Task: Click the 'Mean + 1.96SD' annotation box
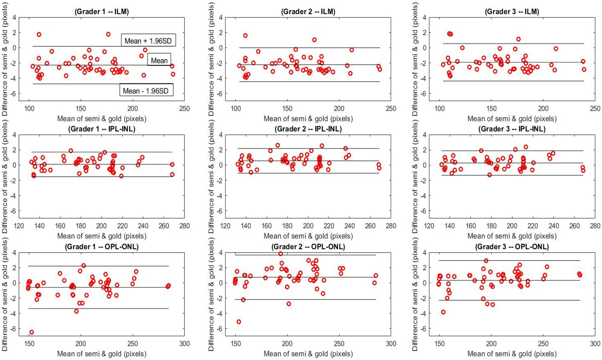click(x=148, y=40)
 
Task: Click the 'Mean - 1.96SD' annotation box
click(x=146, y=90)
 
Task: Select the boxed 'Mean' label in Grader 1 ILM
click(x=159, y=60)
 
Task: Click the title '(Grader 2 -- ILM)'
click(x=308, y=12)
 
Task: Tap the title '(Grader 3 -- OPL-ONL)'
click(x=512, y=247)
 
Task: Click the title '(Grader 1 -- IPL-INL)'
click(x=102, y=129)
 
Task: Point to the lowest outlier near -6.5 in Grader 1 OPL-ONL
click(x=31, y=332)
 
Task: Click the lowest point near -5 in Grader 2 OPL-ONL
click(x=239, y=322)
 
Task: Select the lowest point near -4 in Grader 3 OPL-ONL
click(x=443, y=312)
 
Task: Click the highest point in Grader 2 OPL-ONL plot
click(x=280, y=254)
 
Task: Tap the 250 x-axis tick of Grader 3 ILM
click(x=595, y=109)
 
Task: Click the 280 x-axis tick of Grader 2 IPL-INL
click(x=391, y=226)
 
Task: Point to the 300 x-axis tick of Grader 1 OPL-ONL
click(x=184, y=344)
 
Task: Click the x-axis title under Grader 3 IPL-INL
click(x=512, y=236)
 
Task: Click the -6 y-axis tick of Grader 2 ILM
click(x=220, y=94)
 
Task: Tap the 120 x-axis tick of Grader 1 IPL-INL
click(x=19, y=226)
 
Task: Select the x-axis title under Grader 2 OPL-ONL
click(x=308, y=354)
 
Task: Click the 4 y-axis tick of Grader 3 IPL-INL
click(x=424, y=135)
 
